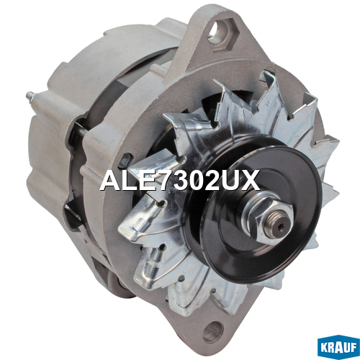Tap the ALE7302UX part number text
(x=180, y=181)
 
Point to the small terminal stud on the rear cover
(x=31, y=95)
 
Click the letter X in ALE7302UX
(x=251, y=181)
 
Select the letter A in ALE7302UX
(x=110, y=181)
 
